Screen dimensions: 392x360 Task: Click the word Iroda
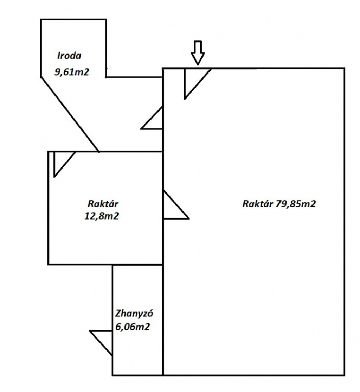point(69,56)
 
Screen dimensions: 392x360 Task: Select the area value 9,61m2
point(72,72)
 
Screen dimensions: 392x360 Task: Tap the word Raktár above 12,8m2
point(103,204)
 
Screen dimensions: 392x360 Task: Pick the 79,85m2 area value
point(295,204)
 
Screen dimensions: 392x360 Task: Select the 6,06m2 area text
point(133,327)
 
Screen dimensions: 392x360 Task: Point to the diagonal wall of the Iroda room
point(70,114)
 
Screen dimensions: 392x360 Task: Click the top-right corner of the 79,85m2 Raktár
point(344,68)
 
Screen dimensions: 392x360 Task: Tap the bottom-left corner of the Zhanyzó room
point(113,375)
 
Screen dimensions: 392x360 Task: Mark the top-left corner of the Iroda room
point(41,20)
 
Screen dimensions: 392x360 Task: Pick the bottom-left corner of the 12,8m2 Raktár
point(49,264)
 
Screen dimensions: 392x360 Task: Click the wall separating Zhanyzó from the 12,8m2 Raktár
point(137,264)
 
